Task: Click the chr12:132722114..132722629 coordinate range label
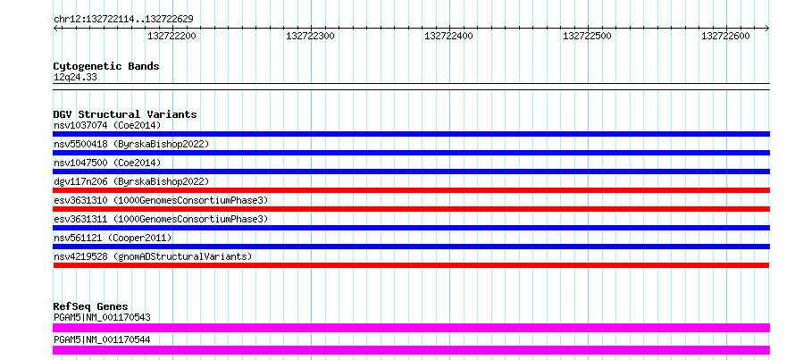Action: click(123, 19)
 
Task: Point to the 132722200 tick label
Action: click(172, 36)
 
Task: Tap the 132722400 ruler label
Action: click(448, 36)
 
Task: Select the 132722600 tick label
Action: click(725, 36)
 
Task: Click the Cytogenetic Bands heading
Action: click(106, 66)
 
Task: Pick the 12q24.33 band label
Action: click(75, 78)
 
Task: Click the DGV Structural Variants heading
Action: click(125, 114)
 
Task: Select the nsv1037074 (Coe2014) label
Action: click(107, 125)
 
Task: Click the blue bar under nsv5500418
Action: click(411, 153)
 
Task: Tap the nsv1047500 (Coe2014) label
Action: click(107, 163)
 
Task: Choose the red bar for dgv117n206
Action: click(411, 190)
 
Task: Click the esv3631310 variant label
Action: click(80, 200)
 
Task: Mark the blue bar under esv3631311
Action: click(411, 228)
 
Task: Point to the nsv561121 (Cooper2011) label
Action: click(113, 238)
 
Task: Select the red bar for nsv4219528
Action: click(411, 265)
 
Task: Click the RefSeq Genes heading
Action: click(90, 306)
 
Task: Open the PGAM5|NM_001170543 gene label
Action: click(102, 318)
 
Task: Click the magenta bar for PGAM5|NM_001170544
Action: click(411, 350)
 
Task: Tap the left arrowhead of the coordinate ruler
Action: click(55, 29)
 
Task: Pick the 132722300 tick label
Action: click(310, 36)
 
